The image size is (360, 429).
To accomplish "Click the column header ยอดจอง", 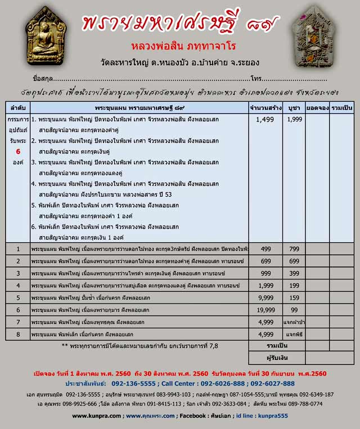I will (x=317, y=107).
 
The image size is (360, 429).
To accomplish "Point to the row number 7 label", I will (x=18, y=322).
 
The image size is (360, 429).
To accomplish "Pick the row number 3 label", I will (x=18, y=273).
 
